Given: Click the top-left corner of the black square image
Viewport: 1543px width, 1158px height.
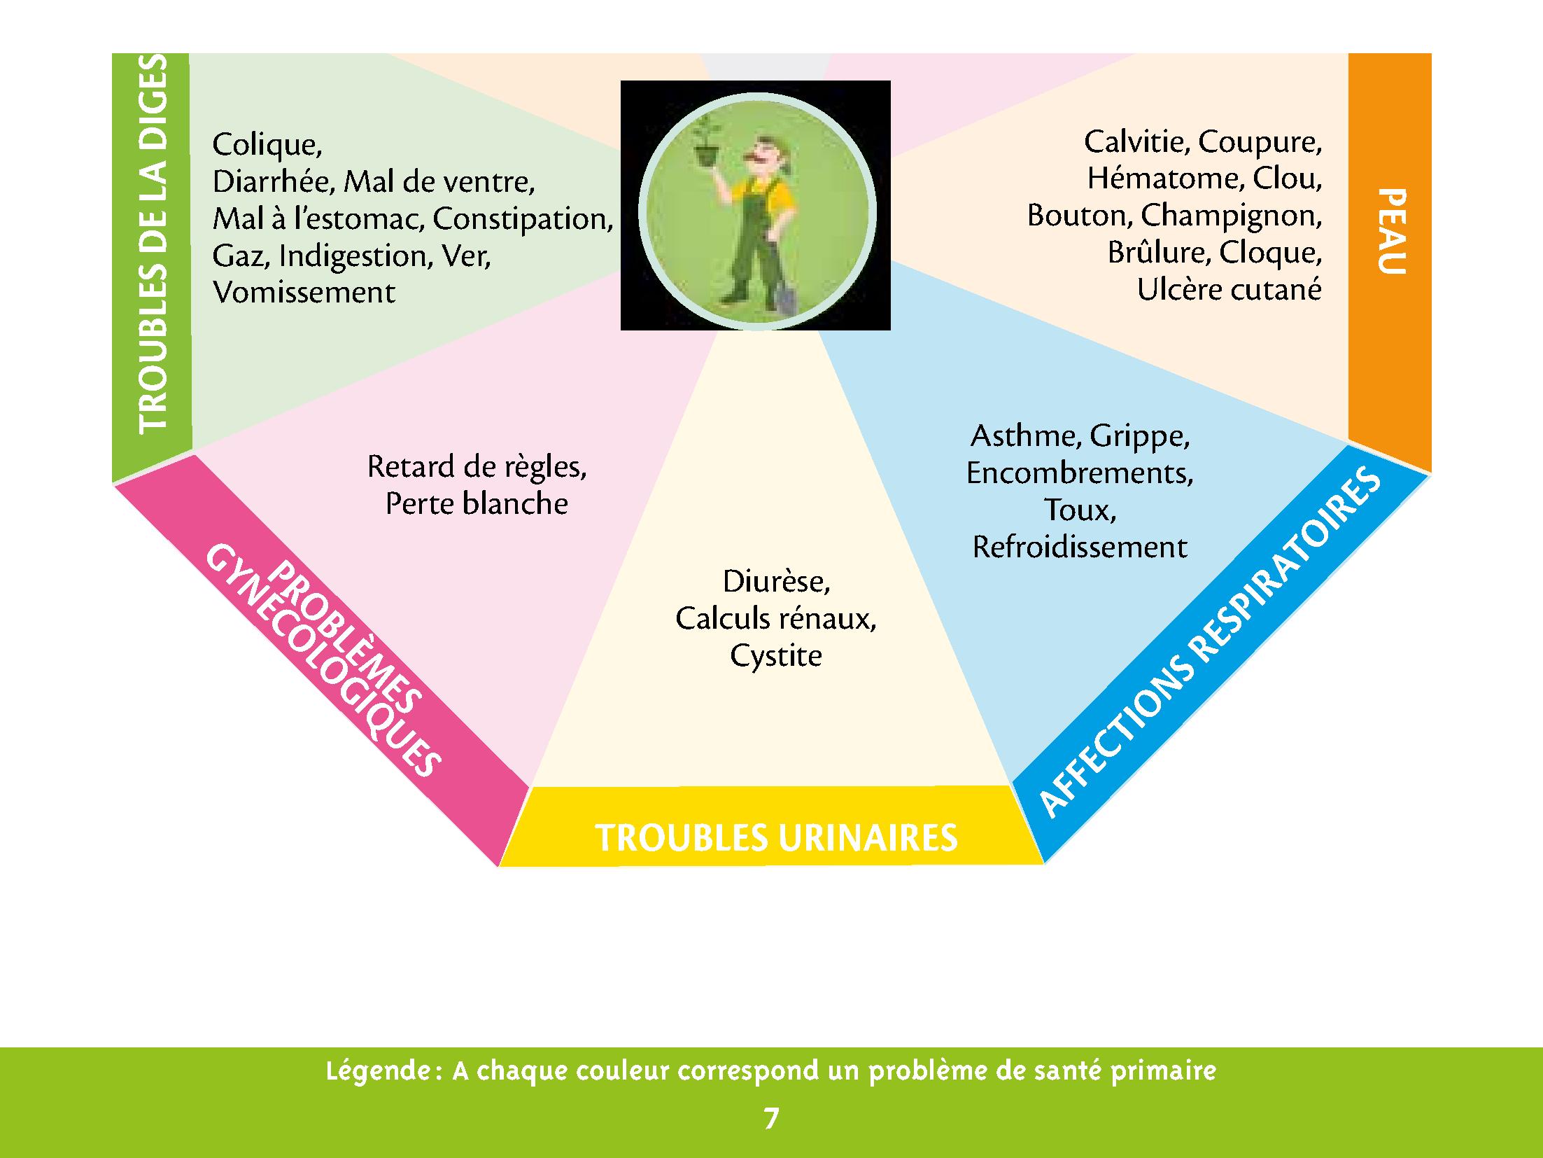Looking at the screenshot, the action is pyautogui.click(x=621, y=81).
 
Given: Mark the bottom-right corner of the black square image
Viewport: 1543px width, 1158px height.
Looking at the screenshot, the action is pyautogui.click(x=890, y=329).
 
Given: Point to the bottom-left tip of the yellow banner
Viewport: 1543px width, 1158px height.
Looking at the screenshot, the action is pyautogui.click(x=500, y=866).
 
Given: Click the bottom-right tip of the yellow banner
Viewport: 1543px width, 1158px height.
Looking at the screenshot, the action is pyautogui.click(x=1043, y=863).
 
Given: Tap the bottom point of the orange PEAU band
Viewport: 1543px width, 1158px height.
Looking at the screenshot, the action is pyautogui.click(x=1430, y=473).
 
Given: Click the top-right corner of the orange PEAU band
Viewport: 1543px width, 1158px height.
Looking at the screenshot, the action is pyautogui.click(x=1431, y=54).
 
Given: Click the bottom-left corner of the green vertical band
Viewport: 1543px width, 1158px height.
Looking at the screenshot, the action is pyautogui.click(x=113, y=482).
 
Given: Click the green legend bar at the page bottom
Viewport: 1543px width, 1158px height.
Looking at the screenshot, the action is pyautogui.click(x=771, y=1103).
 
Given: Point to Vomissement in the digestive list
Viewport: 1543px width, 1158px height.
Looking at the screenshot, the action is pyautogui.click(x=304, y=293).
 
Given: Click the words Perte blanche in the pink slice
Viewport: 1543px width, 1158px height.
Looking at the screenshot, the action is pyautogui.click(x=477, y=504).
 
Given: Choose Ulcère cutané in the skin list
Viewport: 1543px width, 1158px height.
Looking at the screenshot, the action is pyautogui.click(x=1230, y=290).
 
